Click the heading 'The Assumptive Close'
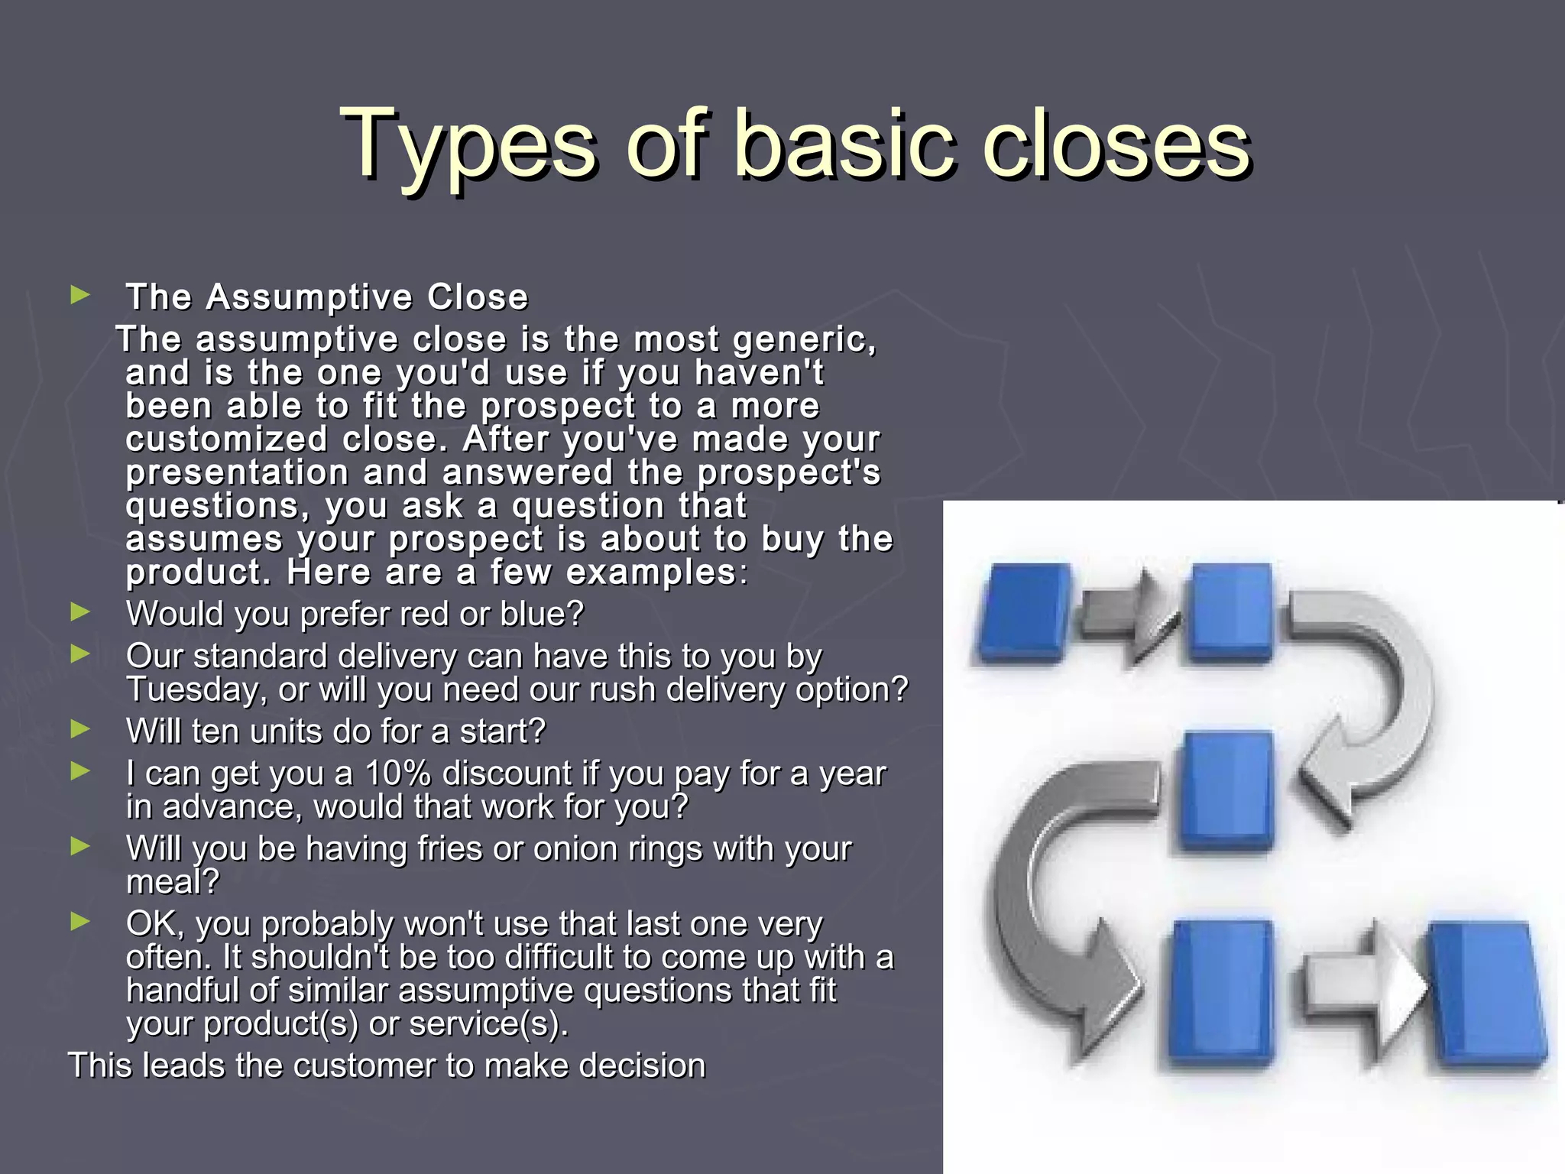pyautogui.click(x=327, y=297)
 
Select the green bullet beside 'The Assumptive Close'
pyautogui.click(x=80, y=295)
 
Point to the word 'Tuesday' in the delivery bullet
pyautogui.click(x=195, y=690)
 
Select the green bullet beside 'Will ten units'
pyautogui.click(x=80, y=729)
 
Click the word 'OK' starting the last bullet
pyautogui.click(x=153, y=924)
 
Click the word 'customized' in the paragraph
pyautogui.click(x=226, y=439)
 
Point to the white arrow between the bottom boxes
pyautogui.click(x=1364, y=986)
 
